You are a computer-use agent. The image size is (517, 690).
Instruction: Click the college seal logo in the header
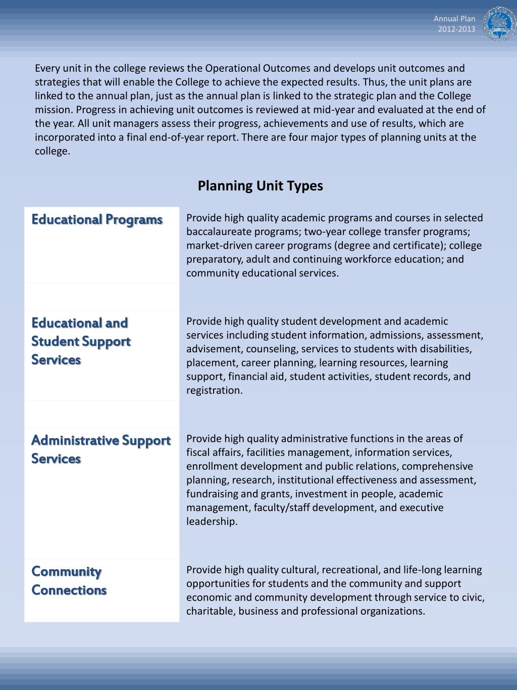(498, 24)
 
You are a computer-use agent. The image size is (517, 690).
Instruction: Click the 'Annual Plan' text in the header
(454, 19)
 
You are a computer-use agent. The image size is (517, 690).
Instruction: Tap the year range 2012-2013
(456, 29)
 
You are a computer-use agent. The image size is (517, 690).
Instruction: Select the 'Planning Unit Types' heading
(260, 186)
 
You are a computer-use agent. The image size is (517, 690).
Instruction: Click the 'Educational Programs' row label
(97, 219)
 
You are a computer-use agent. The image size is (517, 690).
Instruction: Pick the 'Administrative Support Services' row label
(100, 449)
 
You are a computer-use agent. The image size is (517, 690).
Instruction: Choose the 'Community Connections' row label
(69, 580)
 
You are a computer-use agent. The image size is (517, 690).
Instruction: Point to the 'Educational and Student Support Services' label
(81, 341)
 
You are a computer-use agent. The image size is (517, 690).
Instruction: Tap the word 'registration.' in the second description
(214, 390)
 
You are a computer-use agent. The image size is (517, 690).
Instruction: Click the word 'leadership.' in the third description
(212, 521)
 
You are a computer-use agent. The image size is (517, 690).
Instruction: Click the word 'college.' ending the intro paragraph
(53, 151)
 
